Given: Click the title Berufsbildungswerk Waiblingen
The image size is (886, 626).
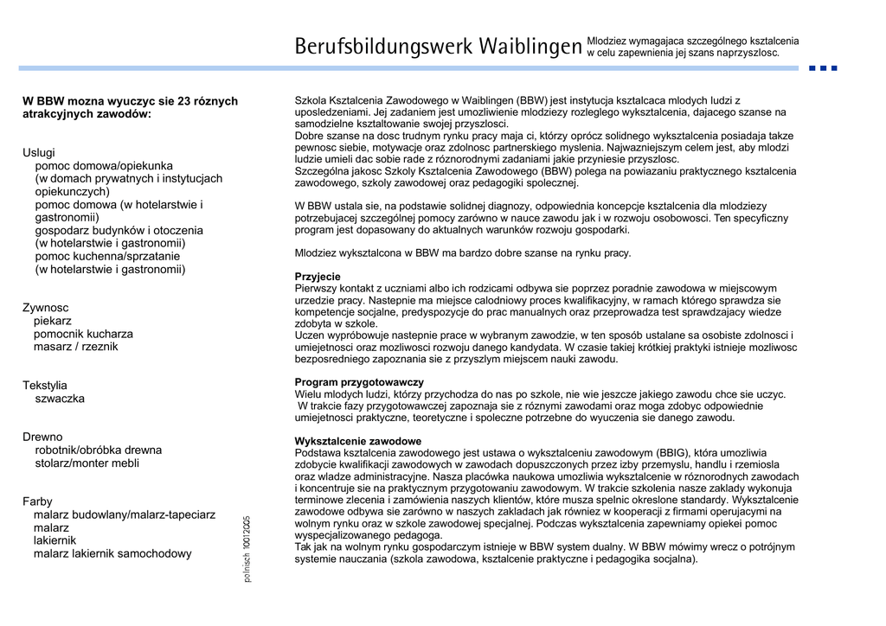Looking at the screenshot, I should coord(437,46).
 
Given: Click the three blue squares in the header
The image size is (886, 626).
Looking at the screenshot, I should coord(823,67).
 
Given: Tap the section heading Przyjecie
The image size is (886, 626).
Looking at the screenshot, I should coord(318,277).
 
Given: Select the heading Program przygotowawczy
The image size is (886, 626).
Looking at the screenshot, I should coord(359,382).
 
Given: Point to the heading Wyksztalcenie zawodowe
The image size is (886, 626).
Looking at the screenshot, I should coord(358,441).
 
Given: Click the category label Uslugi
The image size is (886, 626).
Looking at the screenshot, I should coord(39,152).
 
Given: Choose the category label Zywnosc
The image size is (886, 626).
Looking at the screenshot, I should coord(46,308).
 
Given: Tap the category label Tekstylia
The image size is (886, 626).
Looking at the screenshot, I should coord(45,386).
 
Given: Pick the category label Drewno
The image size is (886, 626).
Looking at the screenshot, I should coord(42,437).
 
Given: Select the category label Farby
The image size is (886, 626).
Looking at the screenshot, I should coord(37,501).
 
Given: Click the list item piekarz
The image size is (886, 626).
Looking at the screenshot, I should coord(53,321).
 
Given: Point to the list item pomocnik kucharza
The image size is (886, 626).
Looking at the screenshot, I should coord(83,334).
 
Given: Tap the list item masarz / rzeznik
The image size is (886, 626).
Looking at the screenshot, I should coord(76,347).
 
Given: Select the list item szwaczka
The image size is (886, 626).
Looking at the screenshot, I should coord(60,399).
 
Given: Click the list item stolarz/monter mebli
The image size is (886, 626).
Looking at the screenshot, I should coord(87,463).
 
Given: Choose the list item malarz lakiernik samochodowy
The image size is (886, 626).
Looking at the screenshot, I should coord(112,553).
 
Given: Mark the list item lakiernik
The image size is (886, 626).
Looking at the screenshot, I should coord(55,540).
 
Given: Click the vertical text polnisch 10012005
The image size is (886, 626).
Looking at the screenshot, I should coord(247,548).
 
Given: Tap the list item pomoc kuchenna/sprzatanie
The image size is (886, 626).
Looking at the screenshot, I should coord(107,256).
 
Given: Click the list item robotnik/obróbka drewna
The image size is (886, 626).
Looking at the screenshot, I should coord(99,450).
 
